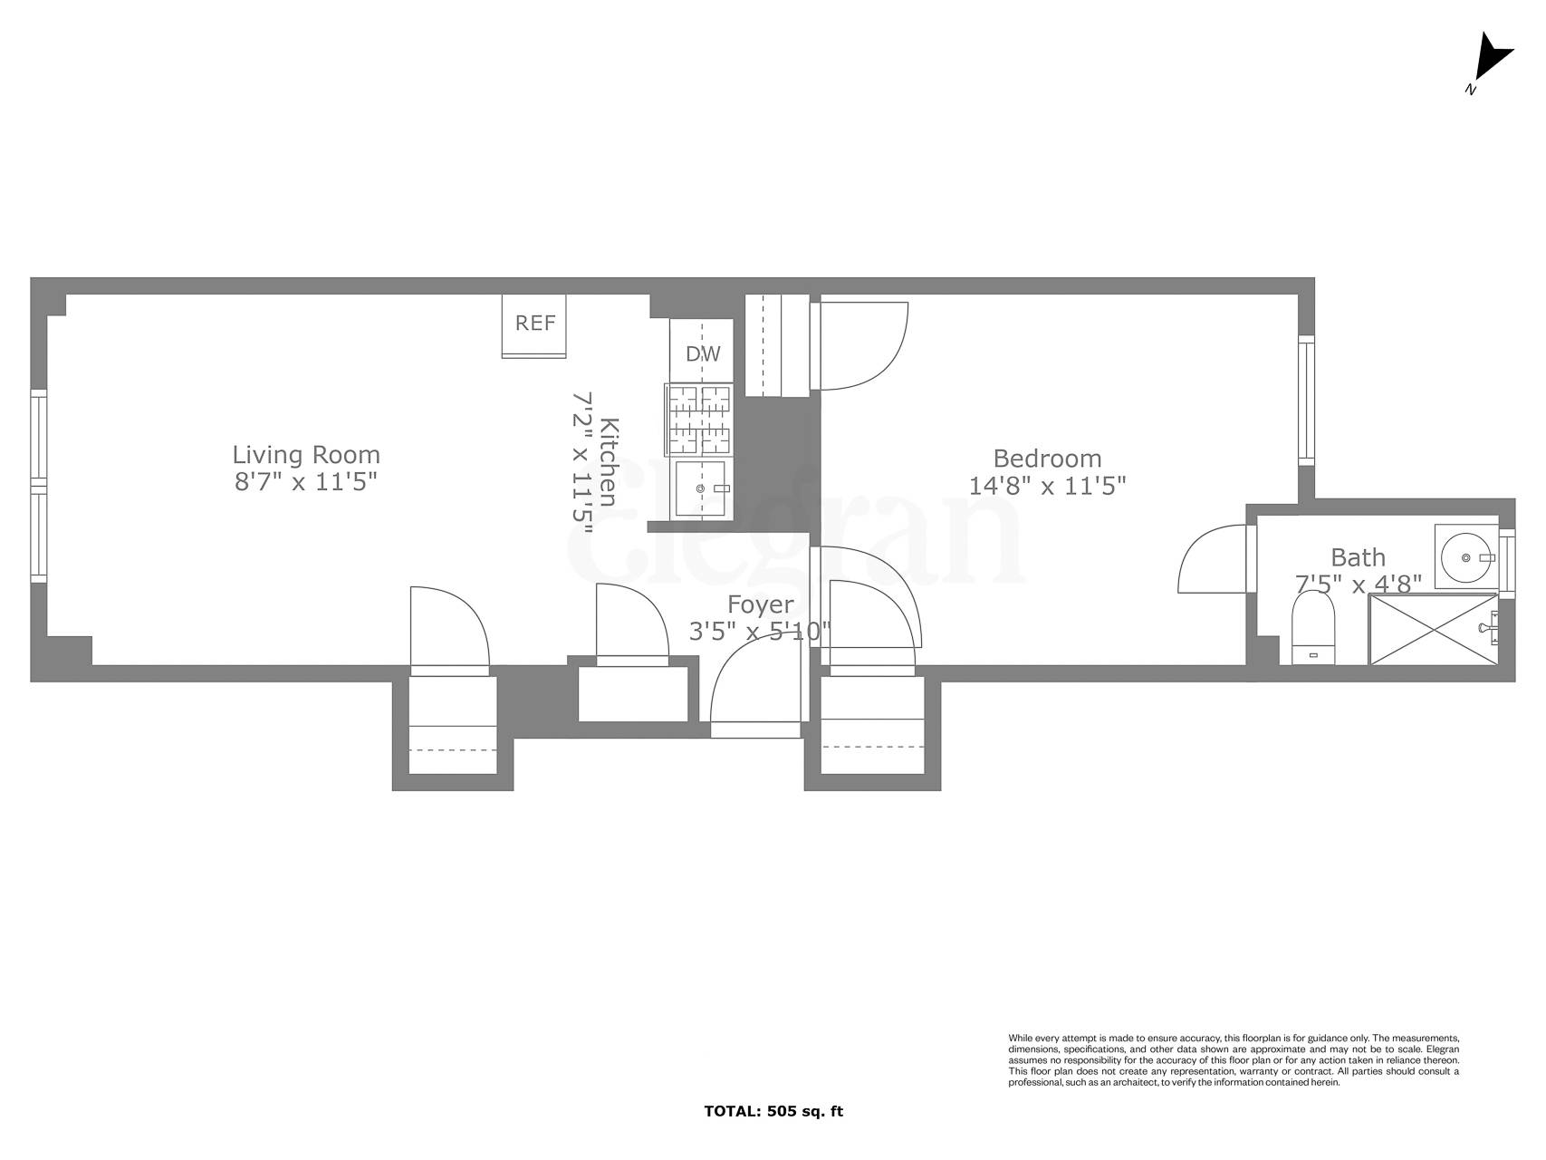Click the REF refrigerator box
pos(534,324)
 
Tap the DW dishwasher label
pos(702,353)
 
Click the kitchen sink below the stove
pos(700,489)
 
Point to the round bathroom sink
pos(1464,556)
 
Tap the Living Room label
pos(306,454)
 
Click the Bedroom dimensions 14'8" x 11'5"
pos(1047,486)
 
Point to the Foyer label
pos(760,604)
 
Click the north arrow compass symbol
pos(1488,61)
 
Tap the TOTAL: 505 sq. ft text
pos(773,1111)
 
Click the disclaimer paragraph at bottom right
pos(1233,1059)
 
